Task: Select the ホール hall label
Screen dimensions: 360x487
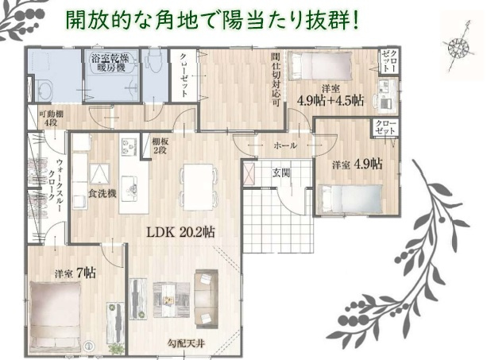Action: [284, 146]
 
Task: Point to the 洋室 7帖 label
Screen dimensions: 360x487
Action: [75, 273]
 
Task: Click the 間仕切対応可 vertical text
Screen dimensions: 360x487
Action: [274, 79]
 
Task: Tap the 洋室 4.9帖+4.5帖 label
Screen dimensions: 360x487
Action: [330, 95]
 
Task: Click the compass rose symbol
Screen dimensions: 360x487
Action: [457, 48]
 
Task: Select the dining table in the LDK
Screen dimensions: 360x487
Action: [197, 180]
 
